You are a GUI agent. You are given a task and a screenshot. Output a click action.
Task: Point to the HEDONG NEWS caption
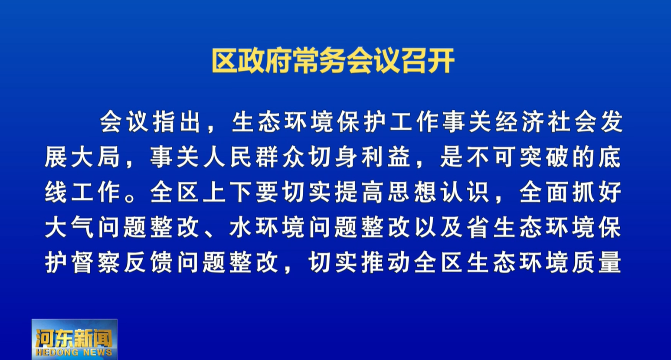(74, 352)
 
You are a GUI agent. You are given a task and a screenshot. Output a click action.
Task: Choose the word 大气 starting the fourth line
(69, 227)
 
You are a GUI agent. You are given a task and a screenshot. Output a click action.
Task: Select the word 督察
(95, 262)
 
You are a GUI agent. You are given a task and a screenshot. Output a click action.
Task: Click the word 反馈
(148, 262)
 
